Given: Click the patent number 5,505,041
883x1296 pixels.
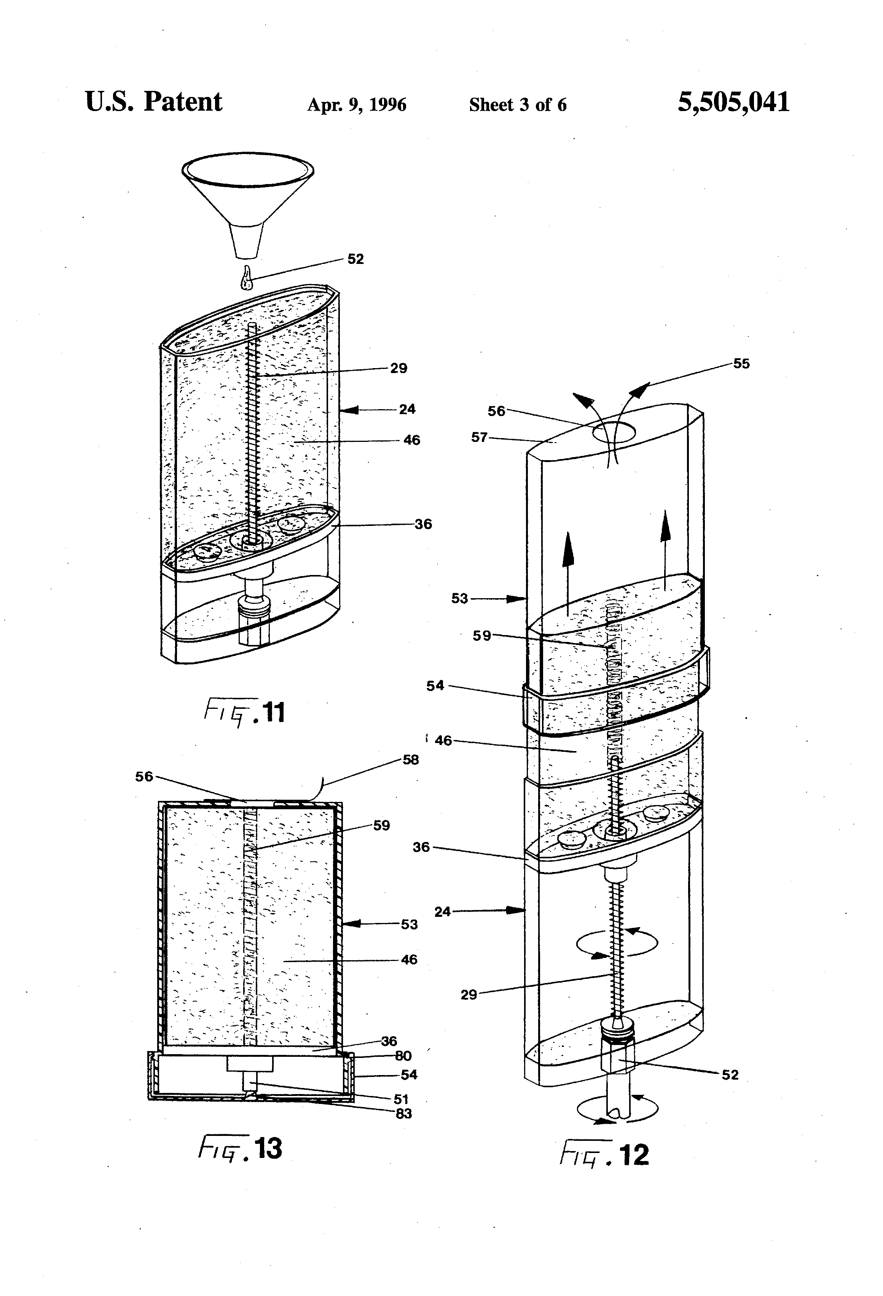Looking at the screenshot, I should [733, 103].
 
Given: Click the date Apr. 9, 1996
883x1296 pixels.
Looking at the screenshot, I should [357, 105].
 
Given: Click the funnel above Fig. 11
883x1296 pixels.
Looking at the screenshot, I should [247, 195].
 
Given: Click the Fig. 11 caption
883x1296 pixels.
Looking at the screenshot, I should [245, 713].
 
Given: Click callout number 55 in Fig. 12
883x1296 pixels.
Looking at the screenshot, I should [741, 364].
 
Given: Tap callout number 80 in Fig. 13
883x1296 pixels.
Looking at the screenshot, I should [403, 1056].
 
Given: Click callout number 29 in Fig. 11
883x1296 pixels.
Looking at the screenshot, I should [398, 368].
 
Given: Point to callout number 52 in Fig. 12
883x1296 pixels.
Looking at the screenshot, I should [730, 1075].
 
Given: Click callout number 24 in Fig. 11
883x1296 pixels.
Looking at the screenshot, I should [407, 409].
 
